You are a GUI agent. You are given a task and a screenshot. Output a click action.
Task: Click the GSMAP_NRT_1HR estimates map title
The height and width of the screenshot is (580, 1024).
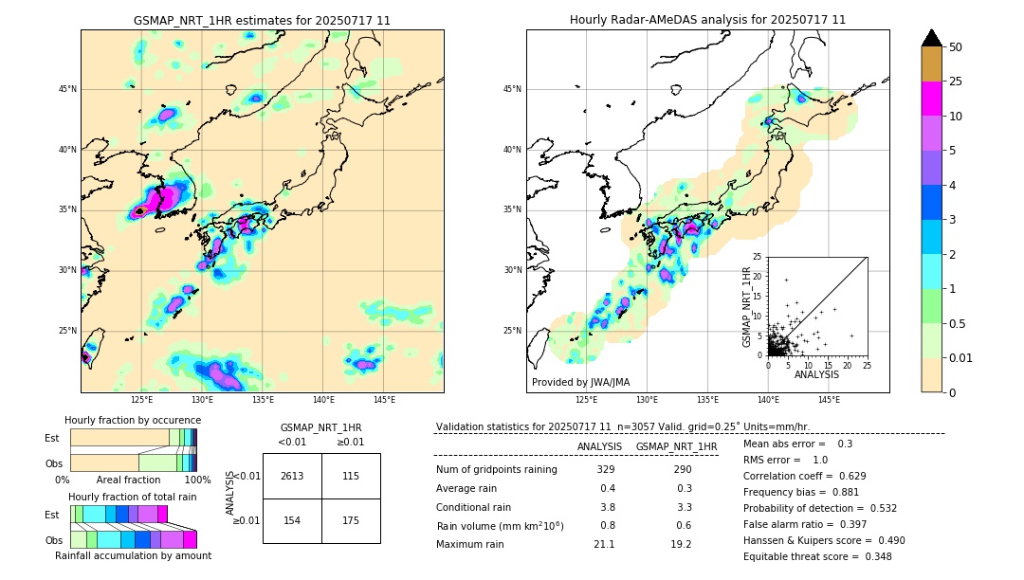click(x=262, y=20)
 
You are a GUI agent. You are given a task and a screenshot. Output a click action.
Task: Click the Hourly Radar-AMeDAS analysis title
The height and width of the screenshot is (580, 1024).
click(x=707, y=20)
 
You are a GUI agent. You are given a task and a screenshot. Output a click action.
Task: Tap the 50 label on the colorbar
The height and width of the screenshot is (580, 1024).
click(x=956, y=47)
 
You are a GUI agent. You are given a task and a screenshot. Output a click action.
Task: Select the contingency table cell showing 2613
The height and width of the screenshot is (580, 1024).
click(x=292, y=477)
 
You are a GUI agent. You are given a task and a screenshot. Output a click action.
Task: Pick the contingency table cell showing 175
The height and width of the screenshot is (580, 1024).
click(x=351, y=521)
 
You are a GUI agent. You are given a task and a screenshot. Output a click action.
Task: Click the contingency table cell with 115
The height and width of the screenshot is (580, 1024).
click(x=351, y=477)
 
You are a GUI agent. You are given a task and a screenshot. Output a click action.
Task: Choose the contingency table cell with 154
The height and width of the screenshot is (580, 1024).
click(x=292, y=521)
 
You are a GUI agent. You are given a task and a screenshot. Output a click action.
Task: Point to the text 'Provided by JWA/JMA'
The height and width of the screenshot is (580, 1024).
click(x=580, y=382)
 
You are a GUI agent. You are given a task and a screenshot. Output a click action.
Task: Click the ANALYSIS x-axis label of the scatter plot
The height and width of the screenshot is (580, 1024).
click(x=816, y=374)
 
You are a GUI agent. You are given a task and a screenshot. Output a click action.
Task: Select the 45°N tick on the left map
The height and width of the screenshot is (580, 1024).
click(x=67, y=89)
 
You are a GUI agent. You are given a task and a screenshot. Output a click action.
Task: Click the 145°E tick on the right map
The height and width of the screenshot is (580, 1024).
click(x=829, y=400)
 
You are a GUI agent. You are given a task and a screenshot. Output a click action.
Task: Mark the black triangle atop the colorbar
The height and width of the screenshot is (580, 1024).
click(x=932, y=38)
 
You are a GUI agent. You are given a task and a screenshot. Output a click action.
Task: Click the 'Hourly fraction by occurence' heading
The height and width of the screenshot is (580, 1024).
click(x=133, y=420)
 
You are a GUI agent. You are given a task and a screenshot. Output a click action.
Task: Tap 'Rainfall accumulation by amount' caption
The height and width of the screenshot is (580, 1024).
click(x=133, y=556)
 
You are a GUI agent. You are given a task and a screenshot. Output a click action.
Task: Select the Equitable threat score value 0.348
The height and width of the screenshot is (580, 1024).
click(x=872, y=556)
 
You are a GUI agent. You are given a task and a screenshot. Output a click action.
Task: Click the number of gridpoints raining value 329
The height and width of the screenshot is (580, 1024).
click(x=606, y=470)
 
